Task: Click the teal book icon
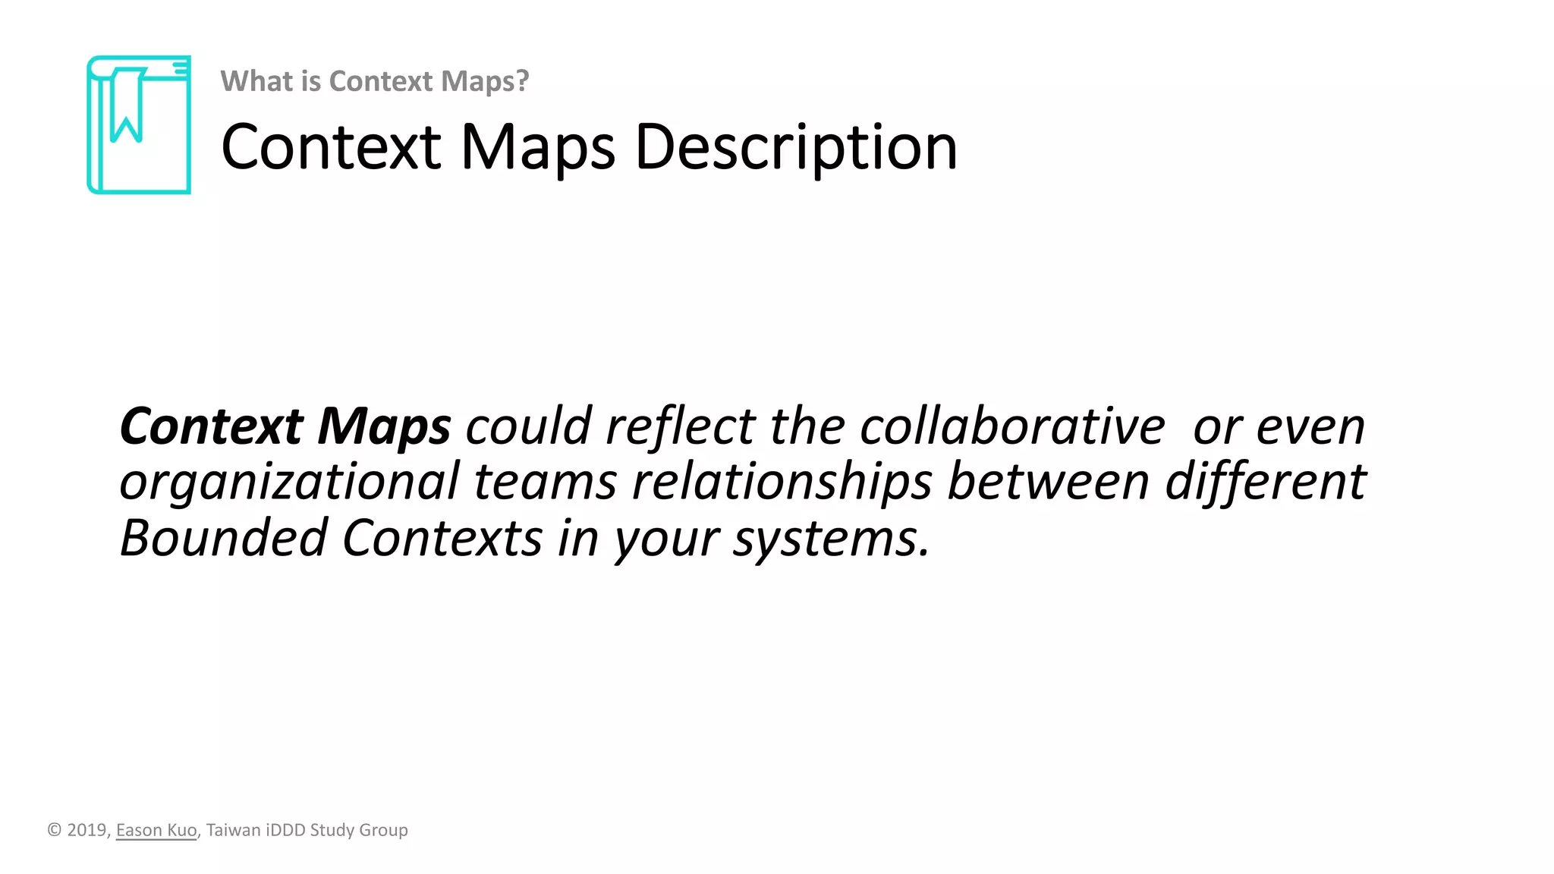[x=139, y=124]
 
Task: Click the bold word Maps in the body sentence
[x=384, y=426]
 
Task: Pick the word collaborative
[x=1012, y=426]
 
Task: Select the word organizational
[x=289, y=482]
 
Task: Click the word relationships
[x=782, y=482]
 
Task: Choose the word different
[x=1265, y=482]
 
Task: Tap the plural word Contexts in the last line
[x=442, y=538]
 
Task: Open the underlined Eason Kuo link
[x=156, y=830]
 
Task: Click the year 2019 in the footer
[x=87, y=830]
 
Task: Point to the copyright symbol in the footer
[x=54, y=830]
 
